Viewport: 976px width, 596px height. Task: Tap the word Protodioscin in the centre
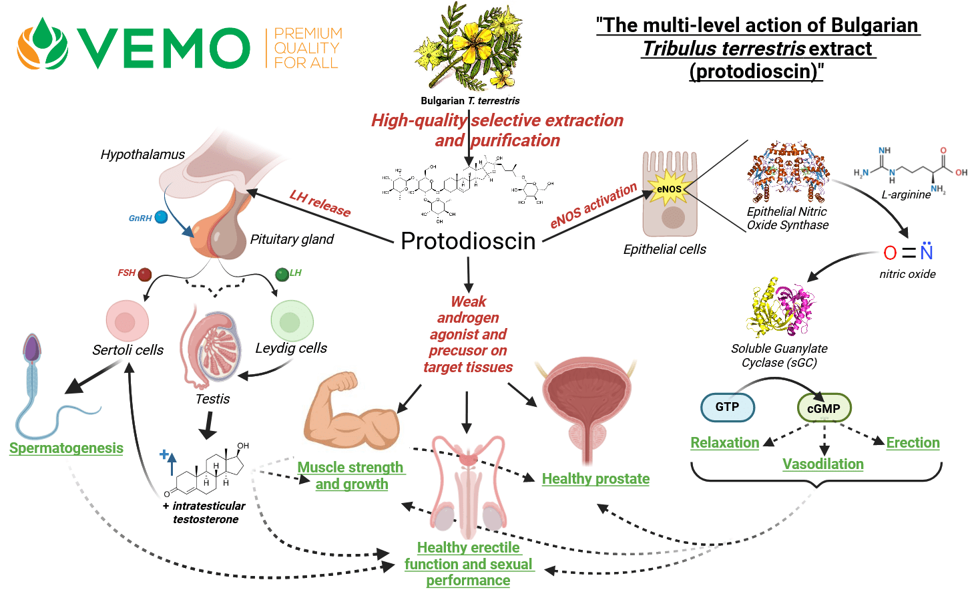[468, 241]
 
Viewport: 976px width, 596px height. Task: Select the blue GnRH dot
[161, 217]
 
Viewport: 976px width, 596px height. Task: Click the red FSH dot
[145, 274]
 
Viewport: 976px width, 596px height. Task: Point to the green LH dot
[282, 274]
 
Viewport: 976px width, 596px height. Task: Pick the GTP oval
[727, 407]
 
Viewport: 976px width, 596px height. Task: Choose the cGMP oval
[824, 408]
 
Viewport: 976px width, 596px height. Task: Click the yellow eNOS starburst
[669, 188]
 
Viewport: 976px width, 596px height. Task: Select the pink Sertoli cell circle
[127, 321]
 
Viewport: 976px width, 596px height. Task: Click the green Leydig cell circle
[292, 321]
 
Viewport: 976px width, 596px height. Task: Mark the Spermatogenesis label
[66, 448]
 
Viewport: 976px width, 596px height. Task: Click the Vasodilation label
[823, 464]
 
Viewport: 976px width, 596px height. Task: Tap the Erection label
[913, 443]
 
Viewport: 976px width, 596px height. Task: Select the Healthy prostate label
[595, 479]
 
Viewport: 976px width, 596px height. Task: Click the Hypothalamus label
[142, 155]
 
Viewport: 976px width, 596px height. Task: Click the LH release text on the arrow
[320, 203]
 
